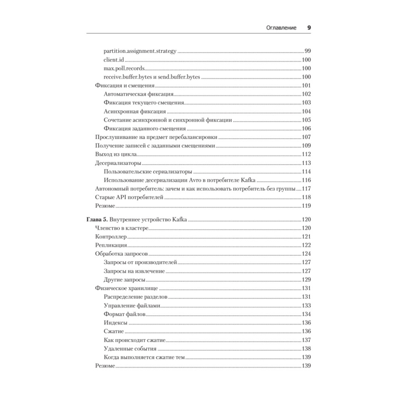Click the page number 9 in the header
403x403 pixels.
click(309, 28)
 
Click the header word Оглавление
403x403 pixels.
click(281, 28)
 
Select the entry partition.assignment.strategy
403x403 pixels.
click(140, 51)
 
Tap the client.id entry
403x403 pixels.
click(114, 60)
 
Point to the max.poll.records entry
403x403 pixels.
click(124, 68)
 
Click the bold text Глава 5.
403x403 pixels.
click(97, 220)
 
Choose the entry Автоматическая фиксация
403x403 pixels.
click(138, 94)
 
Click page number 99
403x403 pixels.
click(307, 51)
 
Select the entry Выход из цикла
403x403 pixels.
click(116, 154)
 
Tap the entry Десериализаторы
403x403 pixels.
click(118, 163)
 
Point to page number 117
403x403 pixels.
click(307, 189)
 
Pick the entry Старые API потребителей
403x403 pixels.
click(128, 197)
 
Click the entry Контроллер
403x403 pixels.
click(111, 237)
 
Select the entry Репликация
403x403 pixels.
click(111, 245)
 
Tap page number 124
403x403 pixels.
click(307, 254)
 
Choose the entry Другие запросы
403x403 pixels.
click(124, 280)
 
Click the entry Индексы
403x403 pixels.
click(116, 323)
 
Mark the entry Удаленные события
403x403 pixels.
click(130, 349)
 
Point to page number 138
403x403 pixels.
click(307, 349)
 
